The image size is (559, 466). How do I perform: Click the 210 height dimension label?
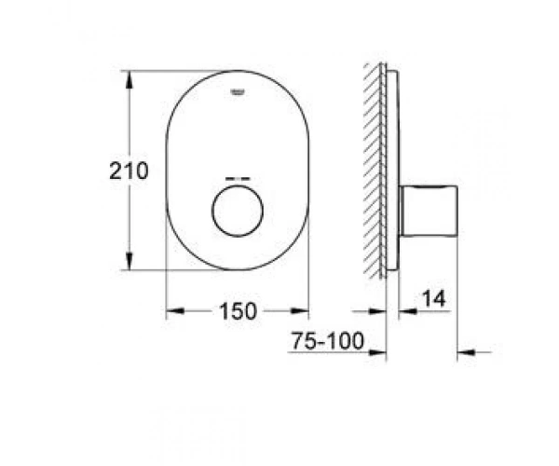pyautogui.click(x=129, y=171)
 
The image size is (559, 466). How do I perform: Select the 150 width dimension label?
pyautogui.click(x=238, y=311)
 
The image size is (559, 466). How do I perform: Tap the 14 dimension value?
pyautogui.click(x=433, y=299)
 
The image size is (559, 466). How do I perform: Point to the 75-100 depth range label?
pyautogui.click(x=328, y=341)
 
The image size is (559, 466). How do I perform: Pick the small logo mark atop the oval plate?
pyautogui.click(x=238, y=92)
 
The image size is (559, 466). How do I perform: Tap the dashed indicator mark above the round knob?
pyautogui.click(x=238, y=179)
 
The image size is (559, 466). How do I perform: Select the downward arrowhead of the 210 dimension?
pyautogui.click(x=130, y=261)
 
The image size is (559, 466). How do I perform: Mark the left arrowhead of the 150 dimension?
pyautogui.click(x=175, y=311)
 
